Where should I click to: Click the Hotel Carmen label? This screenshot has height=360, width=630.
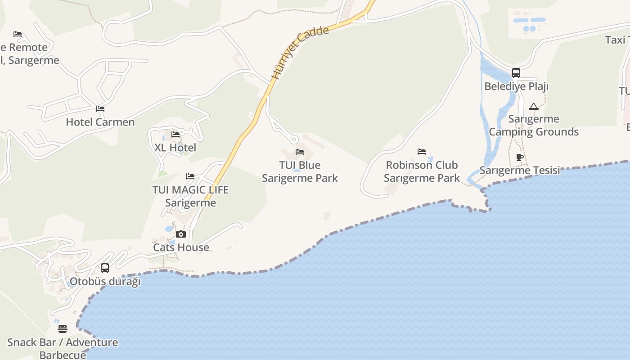coord(100,122)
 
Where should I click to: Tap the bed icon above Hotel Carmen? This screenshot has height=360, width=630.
coord(100,109)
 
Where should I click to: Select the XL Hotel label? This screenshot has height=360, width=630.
coord(175,148)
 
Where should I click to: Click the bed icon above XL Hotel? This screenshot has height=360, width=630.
coord(175,135)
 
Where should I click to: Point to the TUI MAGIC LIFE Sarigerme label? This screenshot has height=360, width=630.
coord(190,196)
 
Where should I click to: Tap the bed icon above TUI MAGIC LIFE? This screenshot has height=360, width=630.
coord(190,176)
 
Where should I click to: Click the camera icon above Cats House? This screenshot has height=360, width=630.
coord(181,234)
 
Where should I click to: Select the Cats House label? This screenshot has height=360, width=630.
coord(181,247)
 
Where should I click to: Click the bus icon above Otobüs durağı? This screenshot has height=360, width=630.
coord(105,268)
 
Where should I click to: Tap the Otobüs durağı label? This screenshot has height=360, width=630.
coord(105,282)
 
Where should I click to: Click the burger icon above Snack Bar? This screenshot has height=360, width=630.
coord(63,329)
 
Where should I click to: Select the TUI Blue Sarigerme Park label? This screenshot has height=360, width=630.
coord(300,171)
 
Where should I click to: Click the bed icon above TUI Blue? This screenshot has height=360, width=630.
coord(300,153)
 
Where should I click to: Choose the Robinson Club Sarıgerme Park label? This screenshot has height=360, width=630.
coord(422,171)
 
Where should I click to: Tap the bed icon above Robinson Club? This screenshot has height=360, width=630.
coord(422,152)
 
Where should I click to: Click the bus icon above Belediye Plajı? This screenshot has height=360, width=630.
coord(516,73)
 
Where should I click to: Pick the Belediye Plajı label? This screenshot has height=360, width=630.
coord(516,86)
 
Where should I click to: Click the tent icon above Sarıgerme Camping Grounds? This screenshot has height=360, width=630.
coord(534,107)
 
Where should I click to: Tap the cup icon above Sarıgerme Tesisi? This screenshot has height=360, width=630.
coord(520,157)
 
